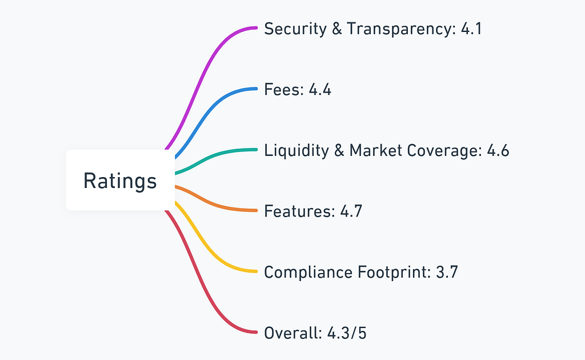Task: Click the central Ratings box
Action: coord(120,180)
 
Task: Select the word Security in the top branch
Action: coord(295,29)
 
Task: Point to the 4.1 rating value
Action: coord(471,29)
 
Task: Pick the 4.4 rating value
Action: coord(320,90)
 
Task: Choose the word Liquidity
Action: coord(296,151)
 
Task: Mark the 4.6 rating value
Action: coord(498,150)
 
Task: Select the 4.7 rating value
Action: coord(351,211)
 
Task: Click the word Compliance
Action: coord(308,273)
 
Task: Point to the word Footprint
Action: coord(394,273)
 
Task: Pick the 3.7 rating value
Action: coord(447,272)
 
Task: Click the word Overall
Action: coord(293,333)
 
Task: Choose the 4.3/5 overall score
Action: coord(347,333)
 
